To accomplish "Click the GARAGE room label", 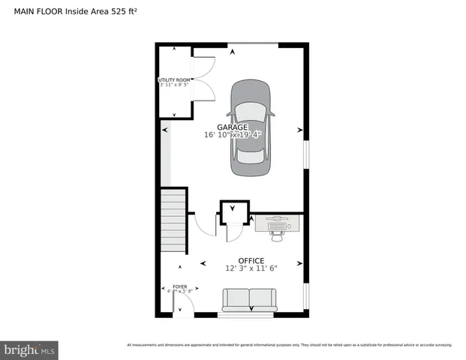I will pyautogui.click(x=233, y=127).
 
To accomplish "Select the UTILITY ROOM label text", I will pyautogui.click(x=174, y=79).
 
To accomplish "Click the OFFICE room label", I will pyautogui.click(x=251, y=260).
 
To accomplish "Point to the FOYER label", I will pyautogui.click(x=180, y=286).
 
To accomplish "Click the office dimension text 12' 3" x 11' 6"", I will pyautogui.click(x=251, y=268).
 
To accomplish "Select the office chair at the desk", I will pyautogui.click(x=278, y=233).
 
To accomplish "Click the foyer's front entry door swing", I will pyautogui.click(x=182, y=304).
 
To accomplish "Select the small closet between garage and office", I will pyautogui.click(x=234, y=212).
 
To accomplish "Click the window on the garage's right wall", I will pyautogui.click(x=305, y=154).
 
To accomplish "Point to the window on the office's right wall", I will pyautogui.click(x=305, y=294).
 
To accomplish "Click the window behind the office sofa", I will pyautogui.click(x=251, y=314).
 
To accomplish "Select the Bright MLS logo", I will pyautogui.click(x=29, y=349).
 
